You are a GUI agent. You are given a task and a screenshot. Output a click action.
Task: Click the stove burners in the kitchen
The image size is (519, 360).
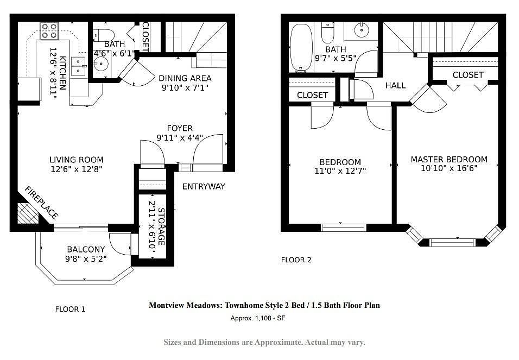point(49,30)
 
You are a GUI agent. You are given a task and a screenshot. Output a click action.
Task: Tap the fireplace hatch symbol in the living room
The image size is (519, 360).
point(28,213)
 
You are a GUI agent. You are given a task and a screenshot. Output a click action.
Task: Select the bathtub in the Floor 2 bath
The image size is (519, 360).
point(301,47)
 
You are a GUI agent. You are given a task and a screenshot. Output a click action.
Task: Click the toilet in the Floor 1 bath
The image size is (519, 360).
point(104,35)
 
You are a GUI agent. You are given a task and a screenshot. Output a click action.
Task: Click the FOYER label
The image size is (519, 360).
point(179,129)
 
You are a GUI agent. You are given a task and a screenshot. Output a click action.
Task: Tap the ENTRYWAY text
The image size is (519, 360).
point(204,186)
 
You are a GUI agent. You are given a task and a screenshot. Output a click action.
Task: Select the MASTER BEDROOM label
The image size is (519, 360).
point(449,160)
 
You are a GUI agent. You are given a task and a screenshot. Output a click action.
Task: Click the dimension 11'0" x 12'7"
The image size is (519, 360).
point(340,171)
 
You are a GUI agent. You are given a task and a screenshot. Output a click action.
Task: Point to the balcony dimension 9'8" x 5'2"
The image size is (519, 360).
point(86,258)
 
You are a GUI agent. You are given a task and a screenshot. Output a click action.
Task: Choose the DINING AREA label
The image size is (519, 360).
point(185,79)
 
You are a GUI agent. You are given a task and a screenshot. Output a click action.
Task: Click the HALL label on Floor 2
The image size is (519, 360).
point(395,85)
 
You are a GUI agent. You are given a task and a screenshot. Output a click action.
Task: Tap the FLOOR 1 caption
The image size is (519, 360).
point(70,310)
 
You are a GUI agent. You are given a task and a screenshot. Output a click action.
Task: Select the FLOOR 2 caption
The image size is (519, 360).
point(296,260)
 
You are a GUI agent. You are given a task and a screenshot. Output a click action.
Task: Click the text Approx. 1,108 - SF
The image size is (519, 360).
point(258,318)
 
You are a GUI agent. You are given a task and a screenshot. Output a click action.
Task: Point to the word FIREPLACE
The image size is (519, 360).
point(42,203)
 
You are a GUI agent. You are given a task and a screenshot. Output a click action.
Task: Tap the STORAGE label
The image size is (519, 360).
point(161,226)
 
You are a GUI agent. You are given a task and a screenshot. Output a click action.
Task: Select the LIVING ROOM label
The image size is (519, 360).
point(77,160)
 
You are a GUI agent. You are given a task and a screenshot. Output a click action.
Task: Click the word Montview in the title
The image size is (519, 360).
point(166,305)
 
